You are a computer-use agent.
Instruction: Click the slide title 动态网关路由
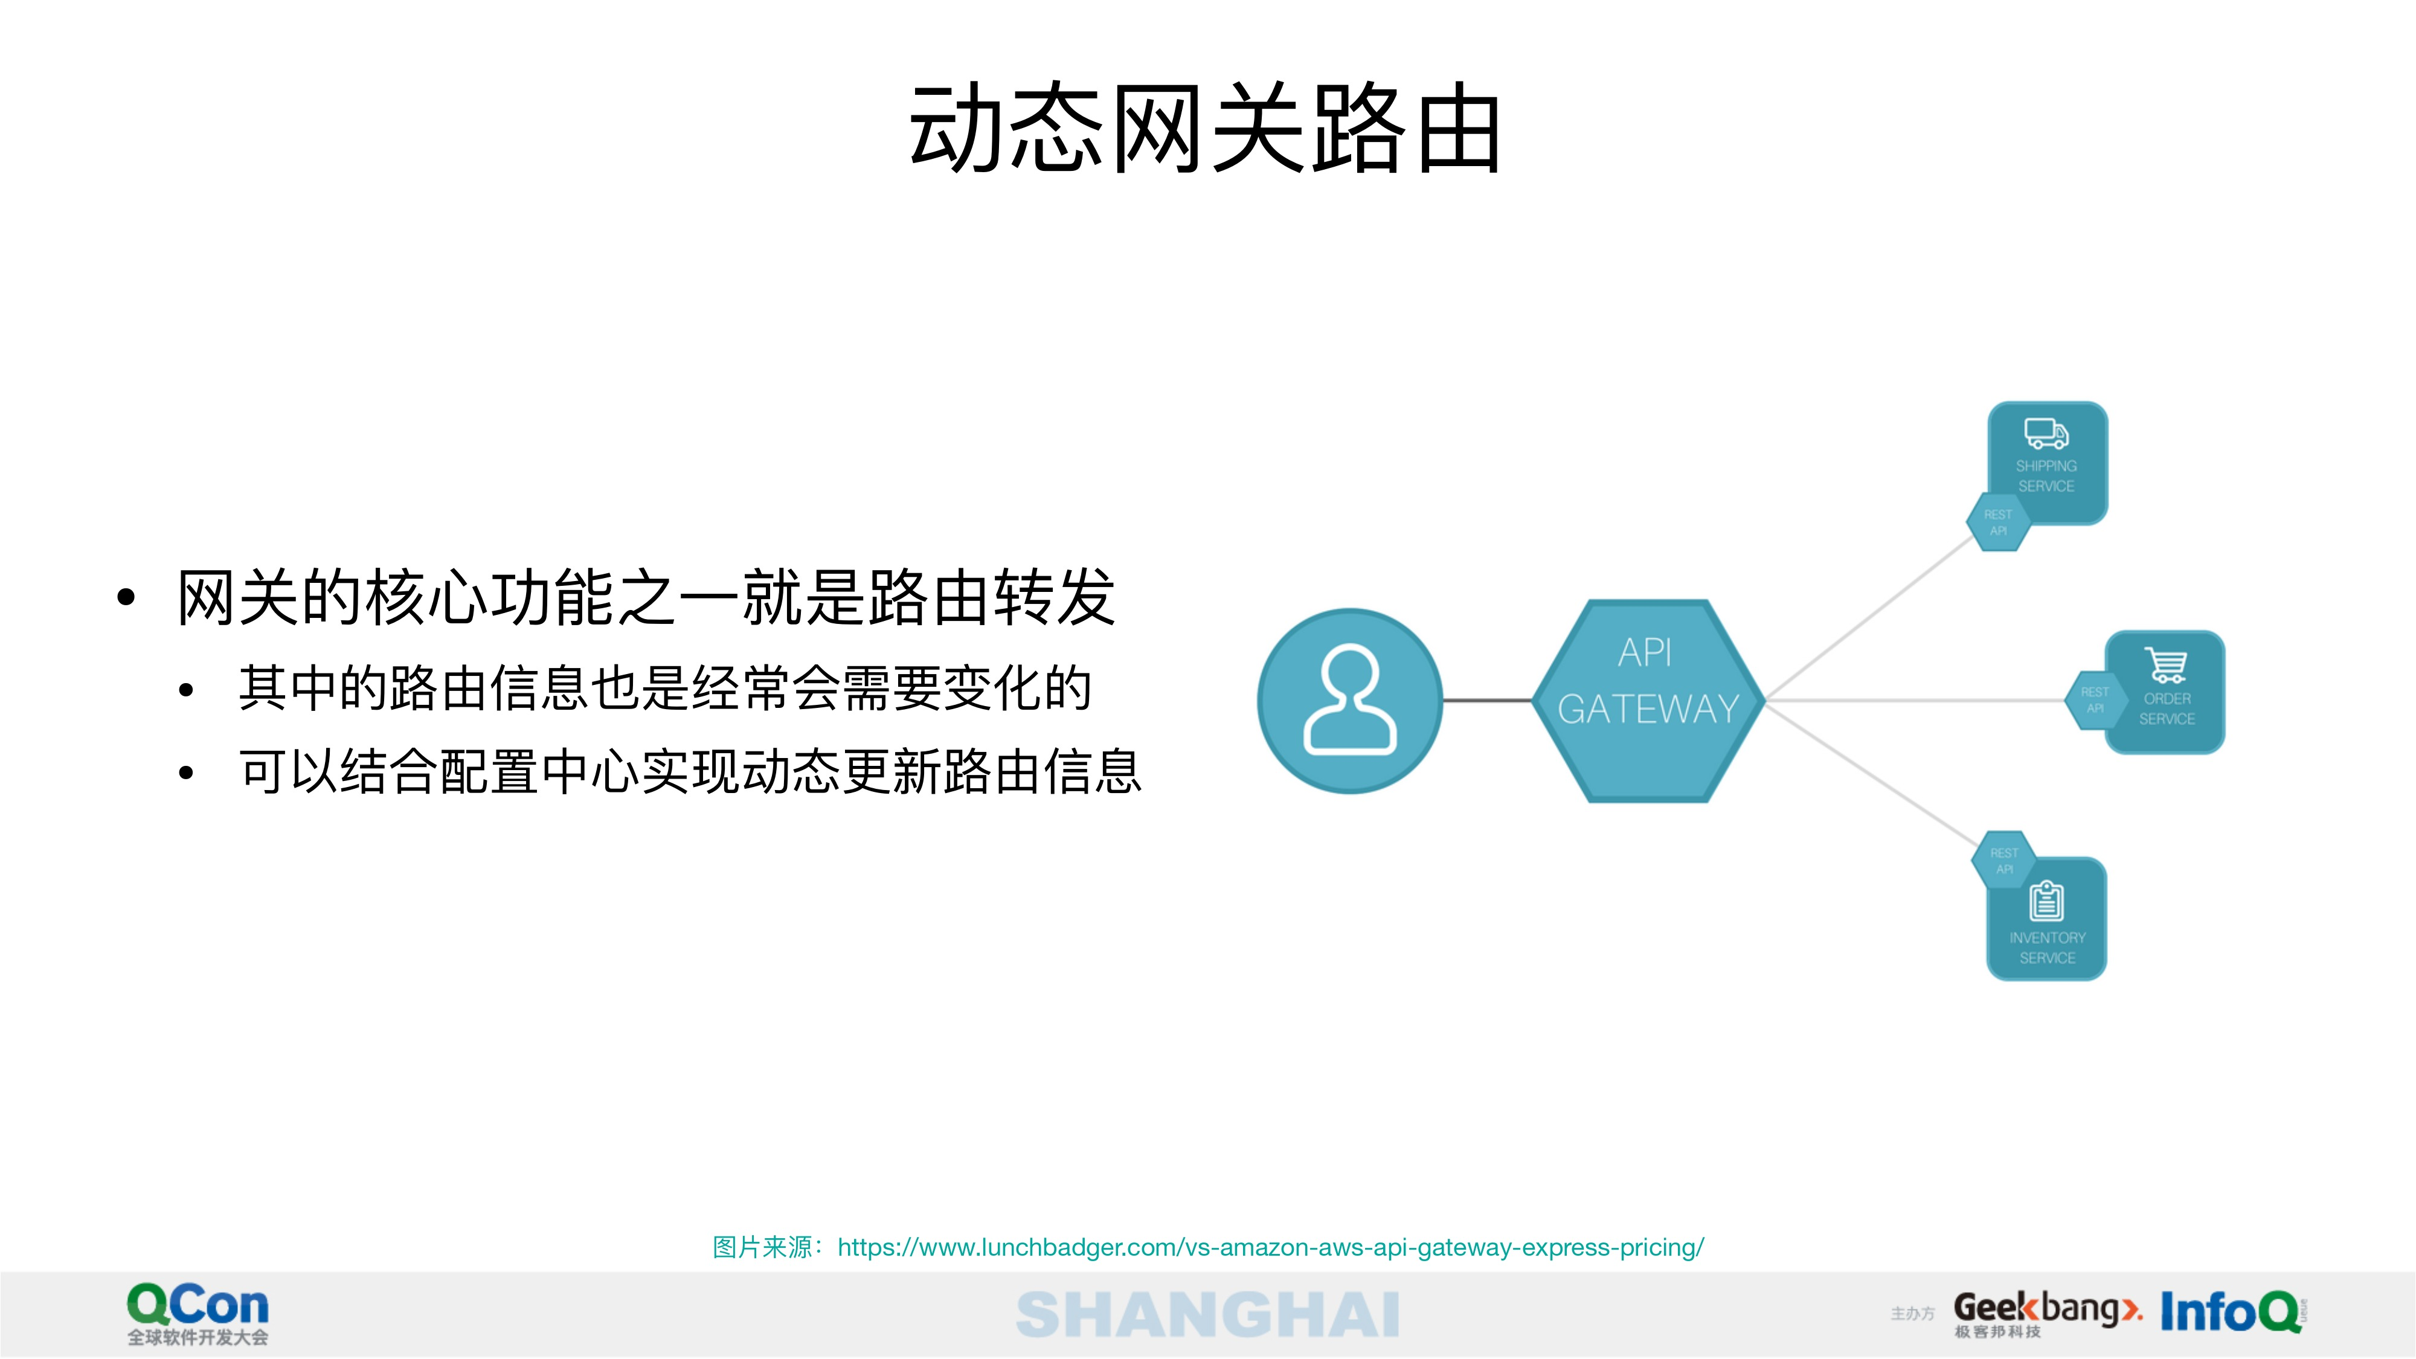pos(1205,129)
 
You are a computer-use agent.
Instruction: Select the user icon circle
pos(1349,701)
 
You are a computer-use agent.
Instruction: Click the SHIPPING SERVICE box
pos(2048,463)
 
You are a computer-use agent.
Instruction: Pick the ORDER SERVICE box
pos(2165,692)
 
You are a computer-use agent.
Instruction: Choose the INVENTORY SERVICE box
pos(2048,919)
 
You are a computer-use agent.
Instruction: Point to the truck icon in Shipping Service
pos(2046,433)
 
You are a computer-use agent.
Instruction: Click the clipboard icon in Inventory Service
pos(2046,901)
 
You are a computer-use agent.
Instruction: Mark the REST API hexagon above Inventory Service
pos(2004,861)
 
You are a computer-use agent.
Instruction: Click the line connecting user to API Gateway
pos(1488,701)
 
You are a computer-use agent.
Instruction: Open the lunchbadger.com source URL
pos(1271,1247)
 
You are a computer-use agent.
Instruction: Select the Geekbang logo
pos(2048,1314)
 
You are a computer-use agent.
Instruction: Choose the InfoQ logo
pos(2233,1312)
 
